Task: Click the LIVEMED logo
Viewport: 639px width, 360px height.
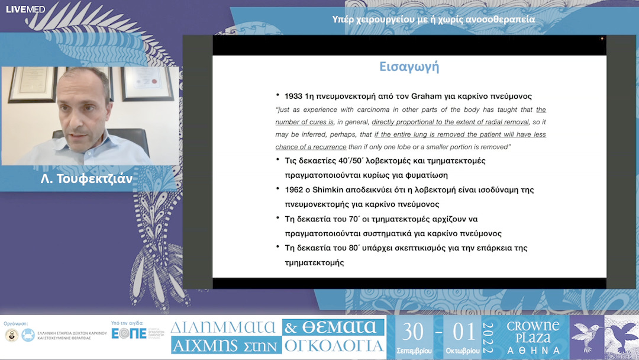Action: [25, 9]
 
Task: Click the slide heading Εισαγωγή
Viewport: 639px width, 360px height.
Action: [409, 66]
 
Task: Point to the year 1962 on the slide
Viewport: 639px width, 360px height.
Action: [295, 189]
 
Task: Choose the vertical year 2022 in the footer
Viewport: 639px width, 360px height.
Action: [488, 338]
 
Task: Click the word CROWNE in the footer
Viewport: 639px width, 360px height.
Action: [533, 326]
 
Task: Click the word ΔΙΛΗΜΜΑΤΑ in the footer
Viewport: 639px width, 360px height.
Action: [223, 327]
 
